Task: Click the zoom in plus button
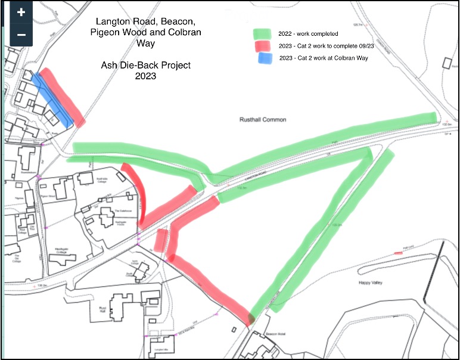click(21, 13)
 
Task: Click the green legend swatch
click(262, 33)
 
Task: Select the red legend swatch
click(262, 46)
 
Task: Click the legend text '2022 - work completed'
click(308, 34)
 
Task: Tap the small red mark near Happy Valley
click(398, 253)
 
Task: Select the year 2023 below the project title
click(145, 76)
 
